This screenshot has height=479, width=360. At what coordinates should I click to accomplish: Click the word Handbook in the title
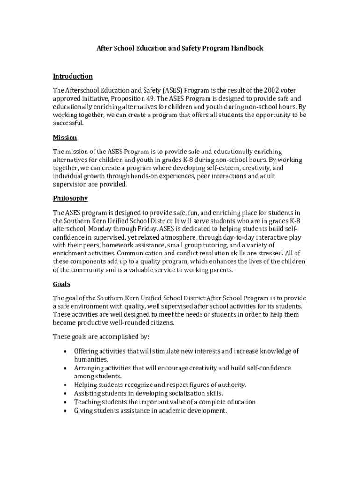click(x=246, y=48)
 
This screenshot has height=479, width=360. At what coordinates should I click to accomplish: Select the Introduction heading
click(x=72, y=76)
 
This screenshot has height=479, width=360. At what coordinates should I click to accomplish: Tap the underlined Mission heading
click(x=65, y=138)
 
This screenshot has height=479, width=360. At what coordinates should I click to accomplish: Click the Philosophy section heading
click(x=70, y=198)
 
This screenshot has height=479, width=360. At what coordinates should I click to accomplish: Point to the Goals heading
click(x=61, y=284)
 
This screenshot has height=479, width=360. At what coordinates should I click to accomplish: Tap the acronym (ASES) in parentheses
click(x=173, y=90)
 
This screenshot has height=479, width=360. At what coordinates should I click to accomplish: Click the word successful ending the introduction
click(x=68, y=123)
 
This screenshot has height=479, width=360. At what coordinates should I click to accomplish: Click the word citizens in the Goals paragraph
click(x=160, y=323)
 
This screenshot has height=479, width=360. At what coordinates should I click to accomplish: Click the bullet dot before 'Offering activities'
click(x=64, y=351)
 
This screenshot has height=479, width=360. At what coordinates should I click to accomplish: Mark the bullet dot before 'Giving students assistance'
click(x=64, y=411)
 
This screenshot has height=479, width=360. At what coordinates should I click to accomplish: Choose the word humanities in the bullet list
click(x=91, y=359)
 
